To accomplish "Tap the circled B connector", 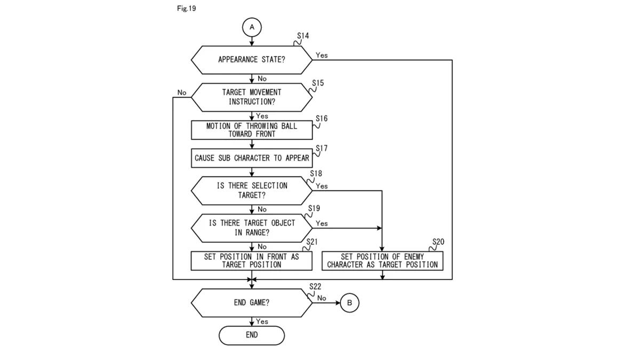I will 350,303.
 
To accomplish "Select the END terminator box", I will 252,335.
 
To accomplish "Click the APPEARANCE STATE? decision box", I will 252,60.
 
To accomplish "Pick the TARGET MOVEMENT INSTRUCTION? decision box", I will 252,97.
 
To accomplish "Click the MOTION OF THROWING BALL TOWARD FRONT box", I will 252,130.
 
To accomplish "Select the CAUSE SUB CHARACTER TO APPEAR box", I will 252,158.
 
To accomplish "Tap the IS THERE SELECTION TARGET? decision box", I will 252,190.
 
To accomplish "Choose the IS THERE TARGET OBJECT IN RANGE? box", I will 252,228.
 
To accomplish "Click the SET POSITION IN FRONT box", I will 252,260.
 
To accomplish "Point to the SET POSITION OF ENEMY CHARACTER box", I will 382,260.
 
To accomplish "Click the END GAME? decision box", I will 252,302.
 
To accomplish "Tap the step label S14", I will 303,36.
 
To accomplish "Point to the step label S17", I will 322,148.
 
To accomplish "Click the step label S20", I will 437,242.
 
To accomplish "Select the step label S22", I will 315,287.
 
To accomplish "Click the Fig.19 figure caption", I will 186,9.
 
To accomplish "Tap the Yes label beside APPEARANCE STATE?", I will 322,55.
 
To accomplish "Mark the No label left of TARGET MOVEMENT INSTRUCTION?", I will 182,93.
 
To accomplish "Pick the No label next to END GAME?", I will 322,298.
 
